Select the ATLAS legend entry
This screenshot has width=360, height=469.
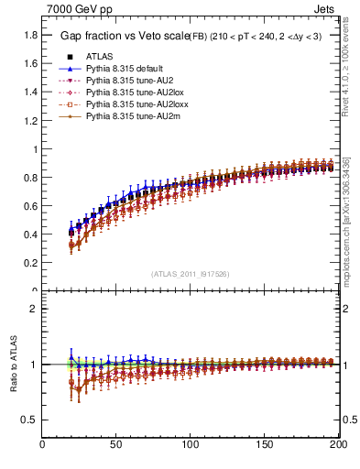(99, 57)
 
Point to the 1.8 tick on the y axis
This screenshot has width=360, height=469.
(30, 35)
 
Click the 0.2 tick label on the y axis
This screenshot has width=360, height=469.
(30, 262)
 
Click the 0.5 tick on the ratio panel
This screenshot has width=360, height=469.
(30, 420)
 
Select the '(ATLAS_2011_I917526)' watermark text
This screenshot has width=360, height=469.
(191, 273)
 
